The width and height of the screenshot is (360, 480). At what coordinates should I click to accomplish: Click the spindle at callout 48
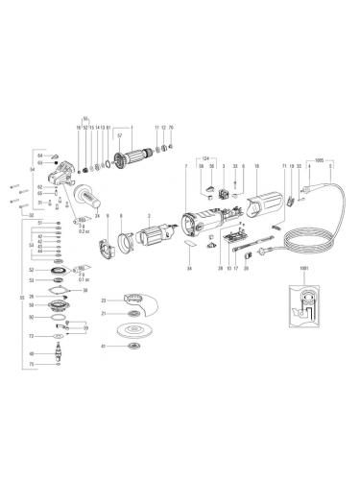[x=60, y=353]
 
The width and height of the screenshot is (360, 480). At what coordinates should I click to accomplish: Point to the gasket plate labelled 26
[x=60, y=297]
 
